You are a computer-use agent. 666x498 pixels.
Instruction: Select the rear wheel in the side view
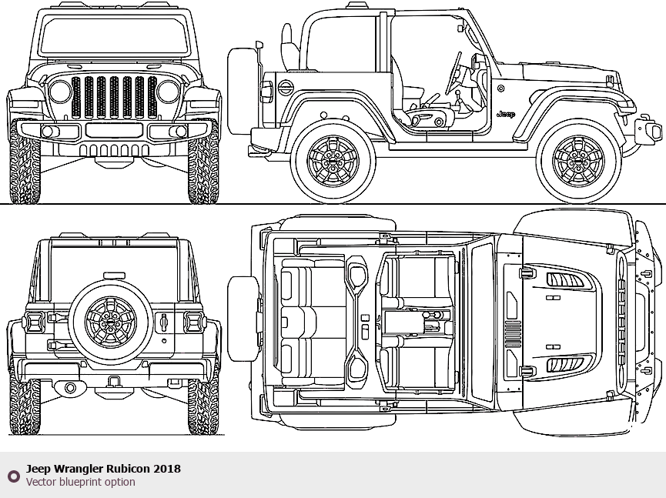coord(333,161)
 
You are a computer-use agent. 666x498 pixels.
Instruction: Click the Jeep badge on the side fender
coord(505,114)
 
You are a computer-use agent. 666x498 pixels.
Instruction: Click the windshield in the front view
coord(113,36)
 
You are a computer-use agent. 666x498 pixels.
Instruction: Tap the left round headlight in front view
coord(60,92)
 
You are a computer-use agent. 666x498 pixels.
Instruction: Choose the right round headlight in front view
coord(168,92)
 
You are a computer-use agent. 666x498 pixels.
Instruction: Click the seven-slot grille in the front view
coord(114,97)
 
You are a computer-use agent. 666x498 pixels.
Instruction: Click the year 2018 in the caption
coord(167,468)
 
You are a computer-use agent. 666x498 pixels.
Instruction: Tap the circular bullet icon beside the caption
coord(13,476)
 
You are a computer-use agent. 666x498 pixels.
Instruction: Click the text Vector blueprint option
coord(80,482)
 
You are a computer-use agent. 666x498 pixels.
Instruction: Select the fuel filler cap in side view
coord(285,88)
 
